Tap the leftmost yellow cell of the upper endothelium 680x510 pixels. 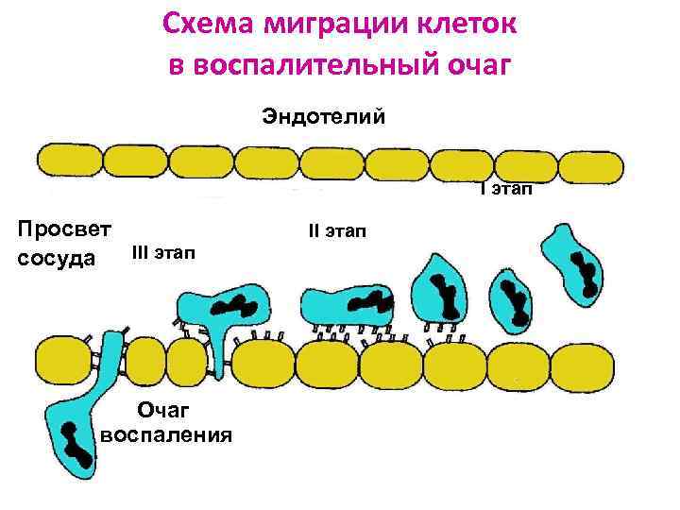pos(67,162)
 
